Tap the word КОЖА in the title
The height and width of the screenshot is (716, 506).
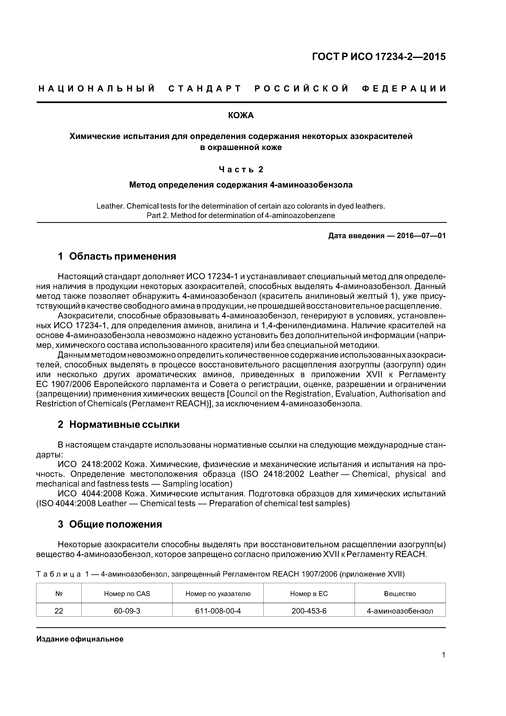241,116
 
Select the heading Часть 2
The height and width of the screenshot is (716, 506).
241,169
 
